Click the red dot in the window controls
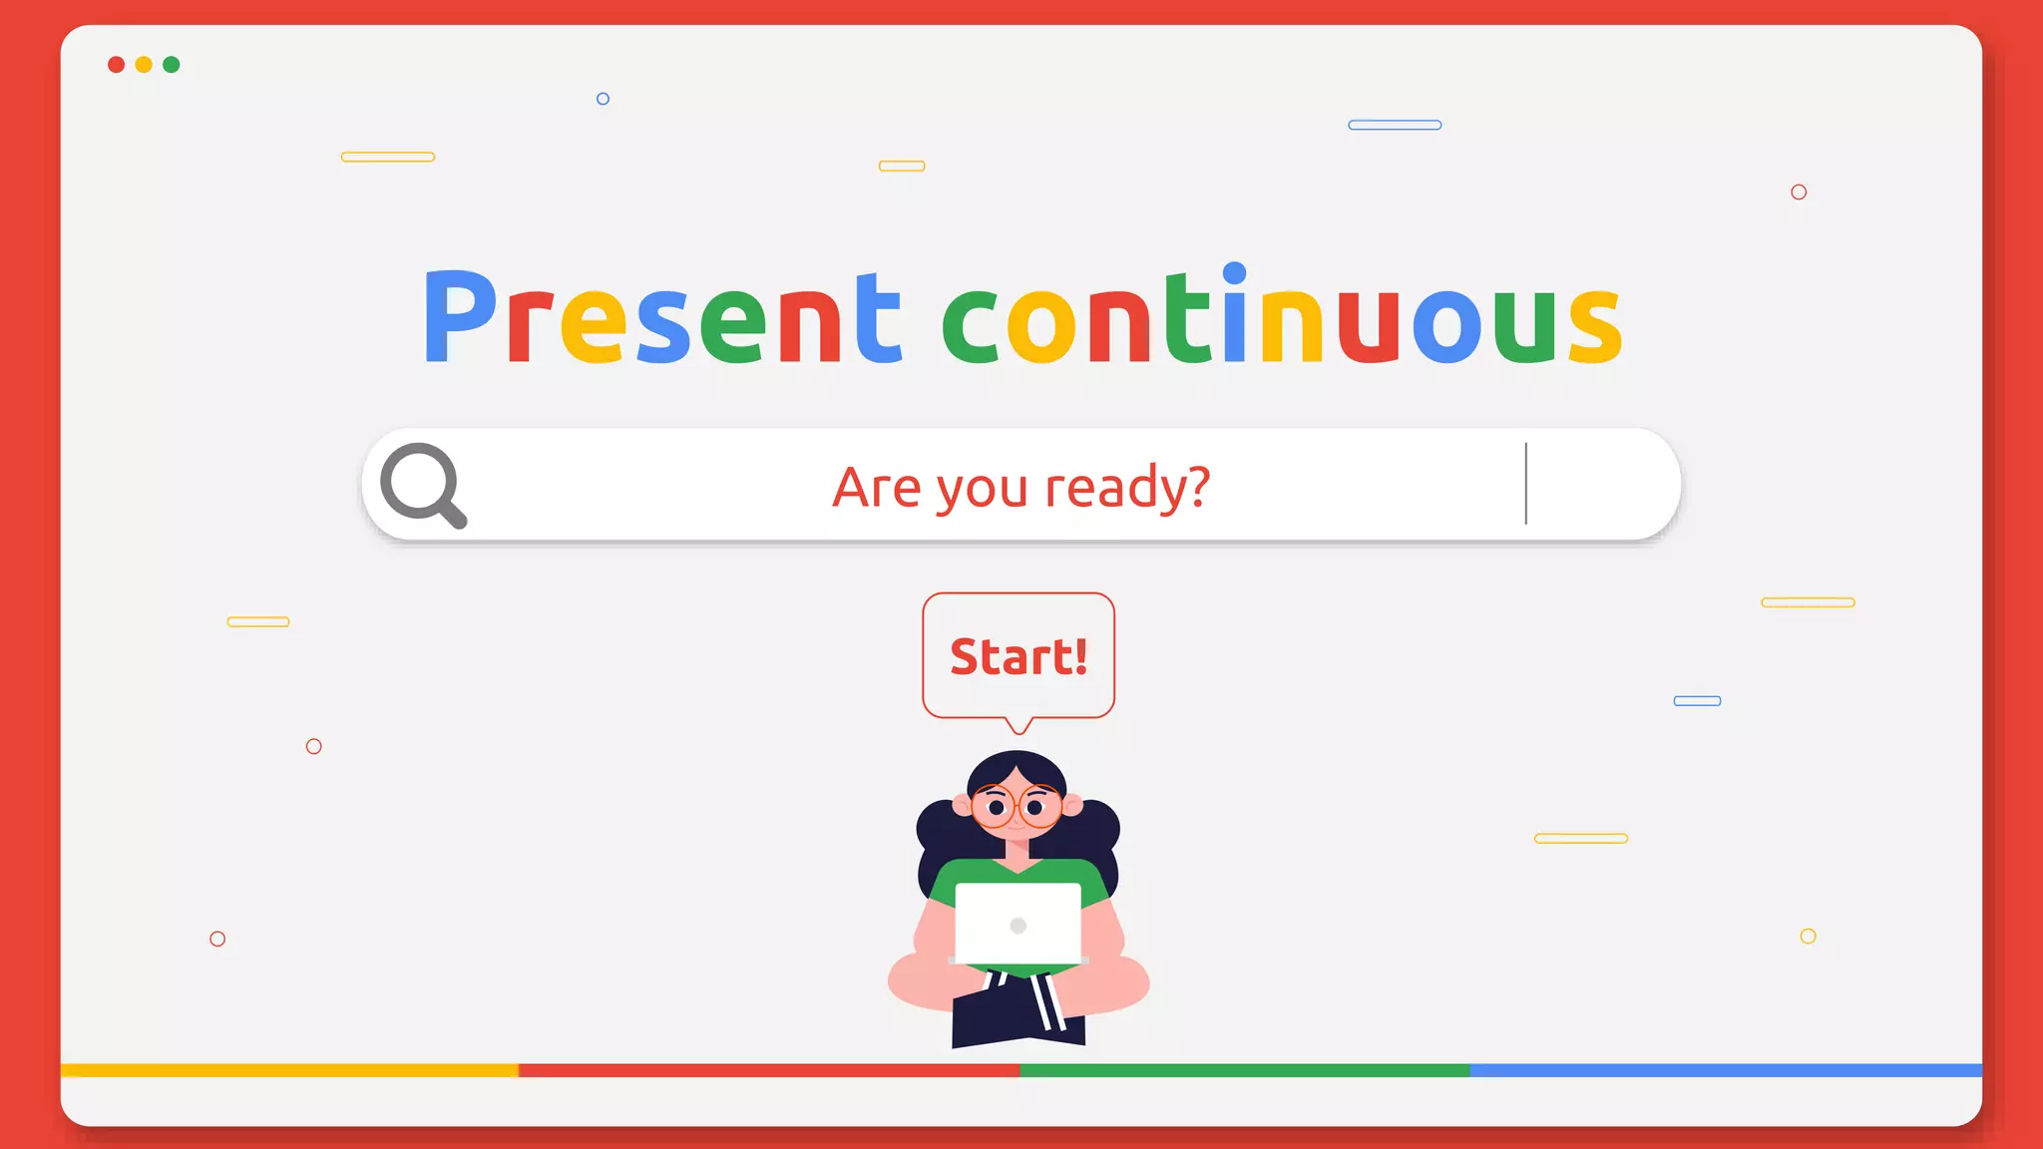pyautogui.click(x=116, y=65)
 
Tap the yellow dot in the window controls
pyautogui.click(x=144, y=65)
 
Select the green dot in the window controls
pyautogui.click(x=172, y=65)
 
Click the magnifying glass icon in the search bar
pyautogui.click(x=423, y=485)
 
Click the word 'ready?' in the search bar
pyautogui.click(x=1127, y=488)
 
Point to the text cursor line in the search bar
pyautogui.click(x=1525, y=484)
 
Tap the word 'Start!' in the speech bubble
pyautogui.click(x=1019, y=656)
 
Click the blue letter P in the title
pyautogui.click(x=459, y=316)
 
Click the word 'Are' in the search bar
pyautogui.click(x=877, y=488)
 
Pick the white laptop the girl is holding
pyautogui.click(x=1018, y=924)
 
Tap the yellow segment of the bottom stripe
pyautogui.click(x=289, y=1070)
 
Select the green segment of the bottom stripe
pyautogui.click(x=1244, y=1070)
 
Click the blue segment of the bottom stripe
pyautogui.click(x=1726, y=1070)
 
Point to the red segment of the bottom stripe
pyautogui.click(x=768, y=1070)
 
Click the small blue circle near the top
pyautogui.click(x=603, y=99)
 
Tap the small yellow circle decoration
pyautogui.click(x=1808, y=936)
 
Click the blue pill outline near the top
pyautogui.click(x=1395, y=125)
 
